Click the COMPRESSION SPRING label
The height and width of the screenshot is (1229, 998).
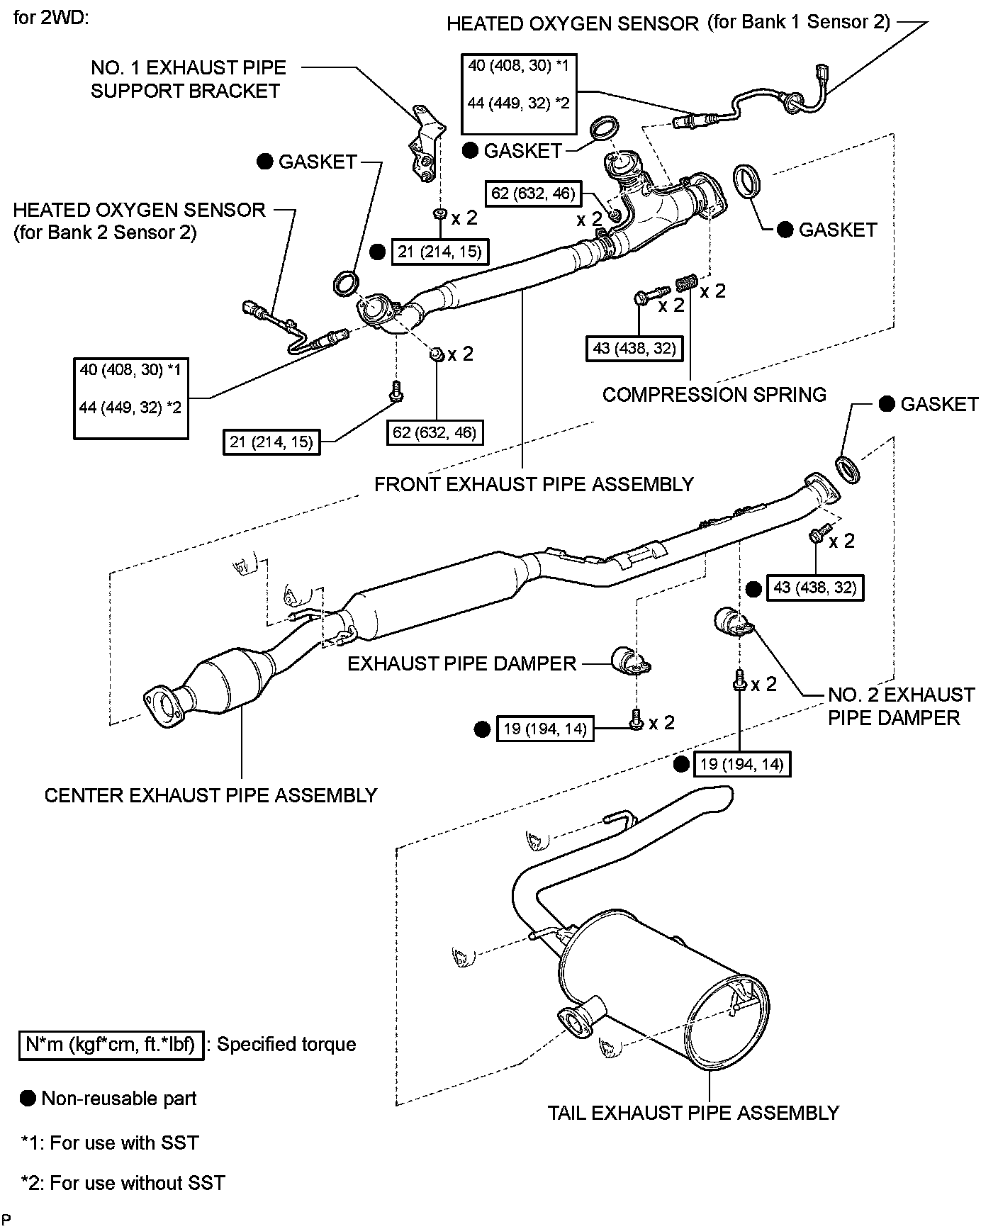(714, 395)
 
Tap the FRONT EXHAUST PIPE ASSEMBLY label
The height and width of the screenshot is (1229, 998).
(534, 484)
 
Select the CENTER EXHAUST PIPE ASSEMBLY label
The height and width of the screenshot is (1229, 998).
(211, 795)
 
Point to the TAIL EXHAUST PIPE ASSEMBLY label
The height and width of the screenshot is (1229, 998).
(693, 1113)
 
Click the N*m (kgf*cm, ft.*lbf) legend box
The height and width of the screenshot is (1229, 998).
(111, 1045)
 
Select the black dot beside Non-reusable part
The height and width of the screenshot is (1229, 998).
(28, 1099)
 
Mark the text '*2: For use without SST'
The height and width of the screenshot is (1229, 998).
(123, 1183)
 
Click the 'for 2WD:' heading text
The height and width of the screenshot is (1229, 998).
(50, 18)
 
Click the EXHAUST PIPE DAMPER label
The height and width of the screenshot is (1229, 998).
(461, 663)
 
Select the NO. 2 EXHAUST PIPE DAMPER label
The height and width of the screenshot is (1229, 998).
(900, 706)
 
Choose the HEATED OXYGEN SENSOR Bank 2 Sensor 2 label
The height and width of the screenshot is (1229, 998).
(139, 220)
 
